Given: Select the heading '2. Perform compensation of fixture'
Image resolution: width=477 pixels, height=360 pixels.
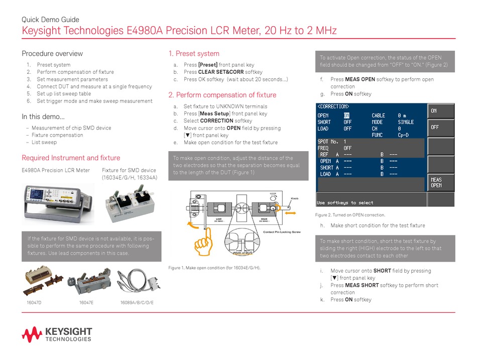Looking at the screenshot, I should click(222, 95).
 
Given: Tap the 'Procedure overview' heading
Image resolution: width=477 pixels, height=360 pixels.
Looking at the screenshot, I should click(52, 54).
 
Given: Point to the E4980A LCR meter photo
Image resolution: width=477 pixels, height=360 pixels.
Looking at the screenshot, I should click(58, 199).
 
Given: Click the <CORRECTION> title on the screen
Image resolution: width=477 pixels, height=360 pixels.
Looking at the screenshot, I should click(333, 106).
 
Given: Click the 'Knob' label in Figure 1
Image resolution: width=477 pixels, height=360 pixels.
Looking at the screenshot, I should click(295, 198).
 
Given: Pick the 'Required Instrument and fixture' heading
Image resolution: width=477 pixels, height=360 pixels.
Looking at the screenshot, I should click(71, 158).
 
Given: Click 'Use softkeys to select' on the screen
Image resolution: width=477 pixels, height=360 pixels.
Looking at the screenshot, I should click(345, 203).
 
